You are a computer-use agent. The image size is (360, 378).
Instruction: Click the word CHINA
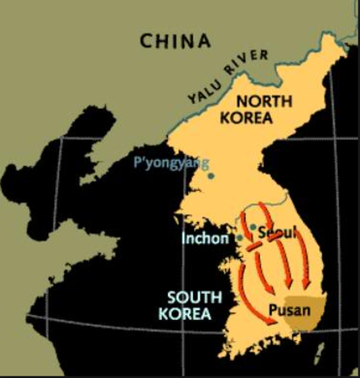pyautogui.click(x=176, y=41)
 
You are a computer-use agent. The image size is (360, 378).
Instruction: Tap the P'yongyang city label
pyautogui.click(x=171, y=164)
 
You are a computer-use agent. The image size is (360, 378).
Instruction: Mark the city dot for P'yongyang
pyautogui.click(x=210, y=175)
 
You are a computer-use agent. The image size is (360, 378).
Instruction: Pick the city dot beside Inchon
pyautogui.click(x=239, y=236)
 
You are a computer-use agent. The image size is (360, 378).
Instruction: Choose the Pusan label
pyautogui.click(x=284, y=309)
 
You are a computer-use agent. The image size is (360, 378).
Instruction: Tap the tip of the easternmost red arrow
pyautogui.click(x=306, y=287)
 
